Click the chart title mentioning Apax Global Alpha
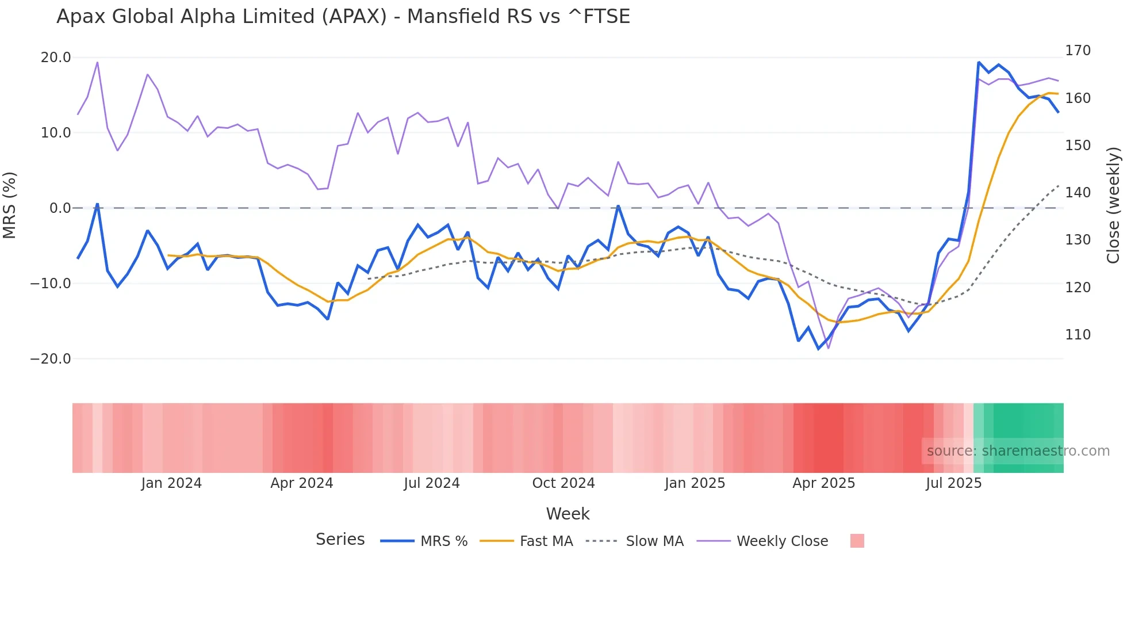tap(343, 17)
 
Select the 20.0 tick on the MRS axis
tap(56, 58)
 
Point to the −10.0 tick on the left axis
tap(51, 284)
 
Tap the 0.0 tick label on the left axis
tap(60, 208)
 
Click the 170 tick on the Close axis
tap(1078, 51)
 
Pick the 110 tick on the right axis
tap(1078, 335)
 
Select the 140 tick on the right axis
tap(1078, 193)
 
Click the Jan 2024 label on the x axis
tap(171, 483)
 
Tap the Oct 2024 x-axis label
tap(563, 483)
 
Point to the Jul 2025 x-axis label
tap(954, 483)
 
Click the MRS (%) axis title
tap(10, 205)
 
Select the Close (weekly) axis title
tap(1114, 205)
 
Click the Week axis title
tap(568, 514)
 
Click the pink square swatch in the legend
tap(857, 541)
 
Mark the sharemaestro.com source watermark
tap(1018, 451)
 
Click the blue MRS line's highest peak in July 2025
tap(979, 62)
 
